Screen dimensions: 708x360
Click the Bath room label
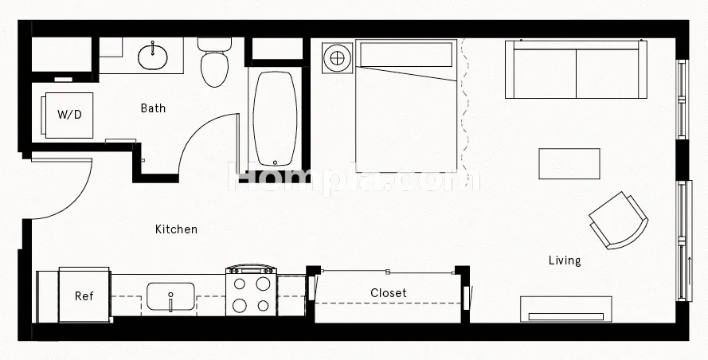coord(153,108)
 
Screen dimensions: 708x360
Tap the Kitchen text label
coord(176,229)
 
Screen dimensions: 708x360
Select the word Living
coord(565,260)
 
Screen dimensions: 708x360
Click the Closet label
coord(389,293)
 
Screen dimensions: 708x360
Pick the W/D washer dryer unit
coord(69,115)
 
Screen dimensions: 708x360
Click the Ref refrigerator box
coord(84,295)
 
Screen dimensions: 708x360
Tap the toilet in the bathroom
coord(214,62)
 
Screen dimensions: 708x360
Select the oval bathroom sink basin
coord(153,57)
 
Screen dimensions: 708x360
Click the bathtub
coord(275,119)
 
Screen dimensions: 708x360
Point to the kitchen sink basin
coord(170,296)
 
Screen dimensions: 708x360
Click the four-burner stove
coord(251,291)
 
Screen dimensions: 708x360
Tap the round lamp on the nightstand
coord(338,58)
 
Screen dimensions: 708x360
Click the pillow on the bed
coord(406,55)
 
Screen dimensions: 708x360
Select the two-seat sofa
coord(576,69)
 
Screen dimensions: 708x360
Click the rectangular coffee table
coord(569,163)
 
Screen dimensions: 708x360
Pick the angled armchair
coord(619,221)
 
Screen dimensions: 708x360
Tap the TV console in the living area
coord(565,309)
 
